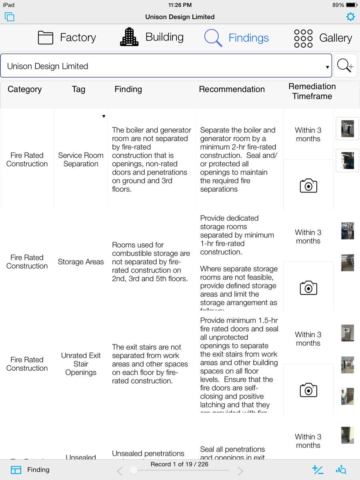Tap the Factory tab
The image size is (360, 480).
pos(67,38)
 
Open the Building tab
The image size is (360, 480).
pos(152,37)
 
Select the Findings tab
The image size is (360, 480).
pos(236,38)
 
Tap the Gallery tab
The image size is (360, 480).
pos(323,38)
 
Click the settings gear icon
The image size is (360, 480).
pos(350,17)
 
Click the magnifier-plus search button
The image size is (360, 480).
pos(345,66)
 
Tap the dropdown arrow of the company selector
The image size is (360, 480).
pos(328,67)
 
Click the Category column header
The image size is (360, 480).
pos(24,89)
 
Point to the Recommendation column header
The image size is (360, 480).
pos(232,89)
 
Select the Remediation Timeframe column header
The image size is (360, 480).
pos(312,91)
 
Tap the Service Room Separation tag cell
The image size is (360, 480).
pos(81,160)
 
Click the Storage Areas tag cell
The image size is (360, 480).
pos(81,262)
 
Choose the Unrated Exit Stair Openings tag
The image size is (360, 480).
pos(81,364)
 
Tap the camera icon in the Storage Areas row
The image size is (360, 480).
pos(308,288)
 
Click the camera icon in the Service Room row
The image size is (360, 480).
pos(308,186)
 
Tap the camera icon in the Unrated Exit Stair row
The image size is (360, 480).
pos(308,390)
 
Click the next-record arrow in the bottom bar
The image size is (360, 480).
pos(240,471)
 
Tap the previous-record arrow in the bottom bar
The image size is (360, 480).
pos(120,471)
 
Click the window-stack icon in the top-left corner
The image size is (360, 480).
pos(10,17)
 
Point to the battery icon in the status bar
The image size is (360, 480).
pos(352,5)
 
